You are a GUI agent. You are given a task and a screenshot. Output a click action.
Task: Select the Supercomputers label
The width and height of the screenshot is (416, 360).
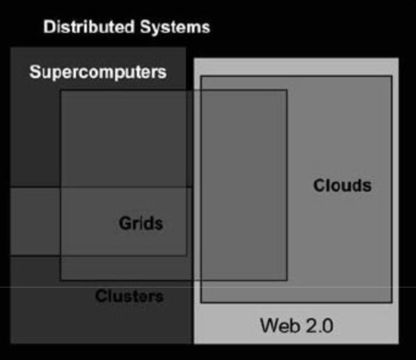pos(98,71)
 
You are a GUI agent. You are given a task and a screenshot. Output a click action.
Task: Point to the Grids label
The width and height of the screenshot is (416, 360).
pos(141,223)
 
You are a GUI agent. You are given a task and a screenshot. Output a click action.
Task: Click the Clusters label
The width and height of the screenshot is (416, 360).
pos(129,296)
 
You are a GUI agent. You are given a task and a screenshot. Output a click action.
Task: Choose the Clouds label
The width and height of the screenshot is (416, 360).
pos(342,185)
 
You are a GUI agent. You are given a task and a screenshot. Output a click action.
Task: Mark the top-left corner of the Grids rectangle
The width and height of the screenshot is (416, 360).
pos(61,90)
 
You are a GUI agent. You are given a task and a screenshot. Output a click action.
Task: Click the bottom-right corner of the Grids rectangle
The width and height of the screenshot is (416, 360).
pos(287,280)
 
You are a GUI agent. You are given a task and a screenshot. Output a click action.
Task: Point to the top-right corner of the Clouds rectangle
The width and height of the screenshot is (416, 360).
pos(391,76)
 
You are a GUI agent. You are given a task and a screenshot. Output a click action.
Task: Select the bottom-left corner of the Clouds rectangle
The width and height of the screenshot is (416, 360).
pos(201,302)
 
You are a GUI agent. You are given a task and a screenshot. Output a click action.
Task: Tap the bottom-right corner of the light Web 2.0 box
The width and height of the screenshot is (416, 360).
pos(398,343)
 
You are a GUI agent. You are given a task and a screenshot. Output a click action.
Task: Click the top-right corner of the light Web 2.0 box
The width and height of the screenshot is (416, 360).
pos(398,58)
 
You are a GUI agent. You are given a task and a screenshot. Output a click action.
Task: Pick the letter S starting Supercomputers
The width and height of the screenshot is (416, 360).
pos(34,71)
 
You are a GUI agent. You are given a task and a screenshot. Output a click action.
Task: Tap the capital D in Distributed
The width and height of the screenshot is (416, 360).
pos(48,27)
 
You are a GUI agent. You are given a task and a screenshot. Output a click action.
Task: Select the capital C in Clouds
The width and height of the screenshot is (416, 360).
pos(319,185)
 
